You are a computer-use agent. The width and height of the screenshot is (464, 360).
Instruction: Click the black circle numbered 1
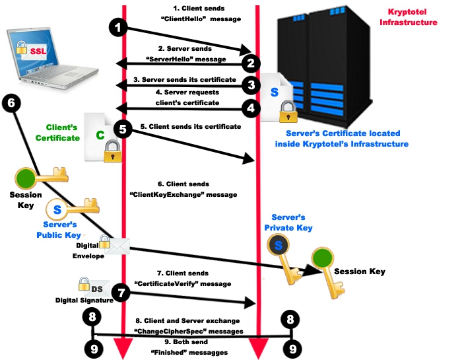tap(118, 28)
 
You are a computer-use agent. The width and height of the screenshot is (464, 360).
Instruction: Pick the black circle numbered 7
tap(119, 291)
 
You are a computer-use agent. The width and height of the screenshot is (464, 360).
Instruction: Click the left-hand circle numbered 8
tap(94, 317)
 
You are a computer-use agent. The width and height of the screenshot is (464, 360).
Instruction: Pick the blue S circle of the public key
tap(57, 209)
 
